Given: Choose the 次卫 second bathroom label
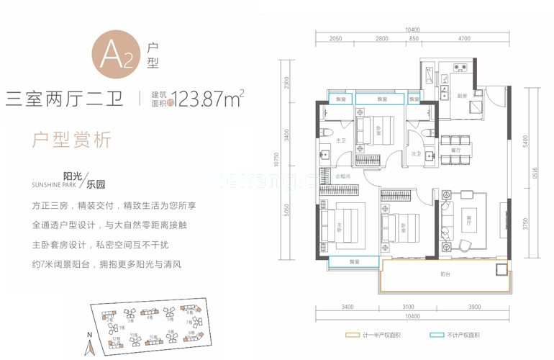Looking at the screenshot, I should [415, 153].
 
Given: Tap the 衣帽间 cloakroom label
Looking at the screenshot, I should [342, 176].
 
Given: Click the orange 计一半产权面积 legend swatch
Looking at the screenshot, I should [353, 336].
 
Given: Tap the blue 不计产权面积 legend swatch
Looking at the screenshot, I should [433, 336].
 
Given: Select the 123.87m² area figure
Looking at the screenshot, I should [204, 98].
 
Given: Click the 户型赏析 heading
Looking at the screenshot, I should [72, 140].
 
